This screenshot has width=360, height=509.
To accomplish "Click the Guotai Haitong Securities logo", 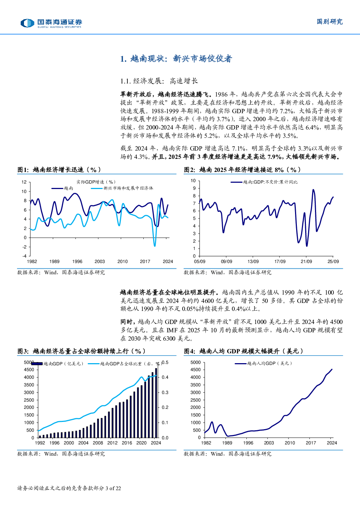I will [51, 23].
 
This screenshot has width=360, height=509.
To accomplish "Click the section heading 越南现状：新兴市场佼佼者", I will [176, 59].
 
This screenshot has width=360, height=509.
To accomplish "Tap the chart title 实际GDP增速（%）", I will [96, 182].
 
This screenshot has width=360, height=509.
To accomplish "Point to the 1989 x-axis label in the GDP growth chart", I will [54, 261].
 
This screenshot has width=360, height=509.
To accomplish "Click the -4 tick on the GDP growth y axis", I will [24, 256].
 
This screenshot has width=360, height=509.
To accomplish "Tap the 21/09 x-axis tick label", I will [306, 261].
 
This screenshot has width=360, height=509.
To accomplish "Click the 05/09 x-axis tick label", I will [200, 261].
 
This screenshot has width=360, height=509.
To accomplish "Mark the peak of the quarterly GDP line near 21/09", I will [313, 189].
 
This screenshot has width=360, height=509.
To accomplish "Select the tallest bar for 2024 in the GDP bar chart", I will [156, 403].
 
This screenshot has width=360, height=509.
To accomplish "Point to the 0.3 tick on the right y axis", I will [165, 393].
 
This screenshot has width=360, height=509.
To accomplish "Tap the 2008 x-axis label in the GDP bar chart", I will [98, 443].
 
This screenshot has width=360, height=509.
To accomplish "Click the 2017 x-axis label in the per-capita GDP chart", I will [311, 443].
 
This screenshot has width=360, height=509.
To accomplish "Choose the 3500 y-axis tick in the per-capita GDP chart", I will [195, 385].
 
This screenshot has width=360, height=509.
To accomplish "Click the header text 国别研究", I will [330, 22].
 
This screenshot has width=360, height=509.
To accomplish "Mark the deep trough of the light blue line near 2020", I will [155, 246].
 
